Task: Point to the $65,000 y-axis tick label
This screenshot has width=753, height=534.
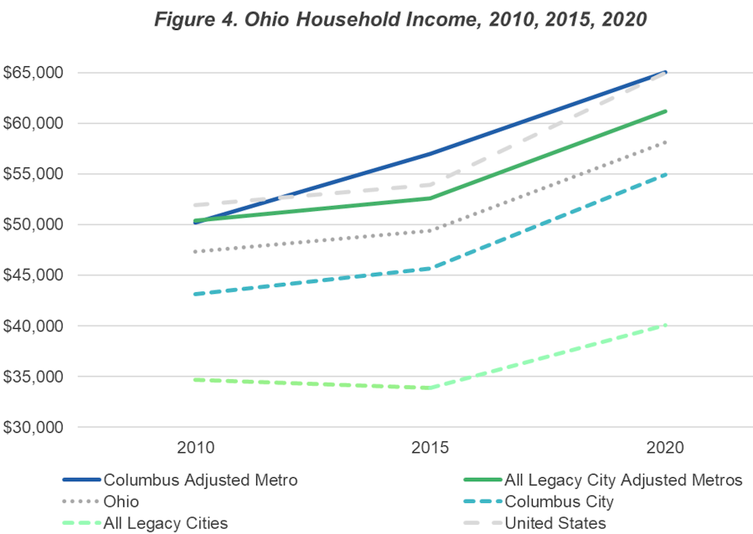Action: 33,73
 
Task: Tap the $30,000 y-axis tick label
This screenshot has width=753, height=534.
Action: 33,428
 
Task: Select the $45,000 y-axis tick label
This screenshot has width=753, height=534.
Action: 33,275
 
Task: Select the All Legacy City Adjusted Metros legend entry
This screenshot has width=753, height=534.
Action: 623,480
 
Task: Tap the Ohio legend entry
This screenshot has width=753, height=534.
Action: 121,502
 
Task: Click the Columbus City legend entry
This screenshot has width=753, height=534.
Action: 559,502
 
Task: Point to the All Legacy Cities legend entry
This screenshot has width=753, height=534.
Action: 165,524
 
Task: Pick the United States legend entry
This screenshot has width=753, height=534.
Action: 554,524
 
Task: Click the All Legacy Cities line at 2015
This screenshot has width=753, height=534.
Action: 430,388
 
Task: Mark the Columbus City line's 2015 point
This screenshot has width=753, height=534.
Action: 430,268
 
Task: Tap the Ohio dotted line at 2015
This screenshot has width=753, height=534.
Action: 430,230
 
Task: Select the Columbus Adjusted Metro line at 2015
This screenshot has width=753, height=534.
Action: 430,153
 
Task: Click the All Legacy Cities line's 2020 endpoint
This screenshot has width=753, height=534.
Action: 666,325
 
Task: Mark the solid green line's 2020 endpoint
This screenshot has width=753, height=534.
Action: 666,111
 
